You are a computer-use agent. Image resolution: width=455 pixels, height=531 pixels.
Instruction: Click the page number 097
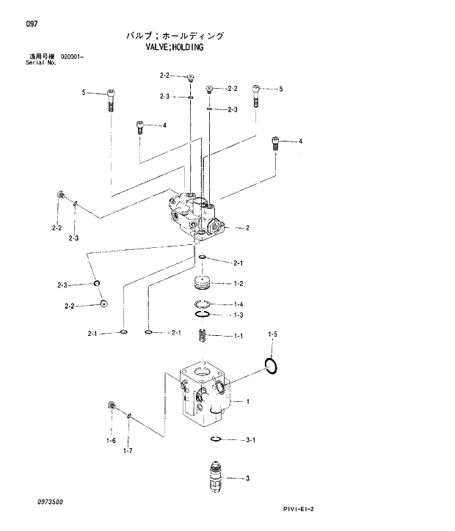pos(32,23)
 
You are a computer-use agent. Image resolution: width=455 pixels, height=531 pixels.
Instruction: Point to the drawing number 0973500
pos(46,502)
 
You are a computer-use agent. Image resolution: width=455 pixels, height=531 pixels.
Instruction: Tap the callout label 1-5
pos(272,334)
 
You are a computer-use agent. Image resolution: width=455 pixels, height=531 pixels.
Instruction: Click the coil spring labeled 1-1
pos(203,337)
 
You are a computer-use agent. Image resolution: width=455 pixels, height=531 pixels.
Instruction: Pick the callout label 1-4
pos(239,304)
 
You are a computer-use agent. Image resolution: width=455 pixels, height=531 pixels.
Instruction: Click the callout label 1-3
pos(239,315)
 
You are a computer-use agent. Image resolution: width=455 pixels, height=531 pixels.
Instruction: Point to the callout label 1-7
pos(127,450)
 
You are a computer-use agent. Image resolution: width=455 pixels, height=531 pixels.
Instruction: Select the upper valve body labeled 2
pos(194,216)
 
